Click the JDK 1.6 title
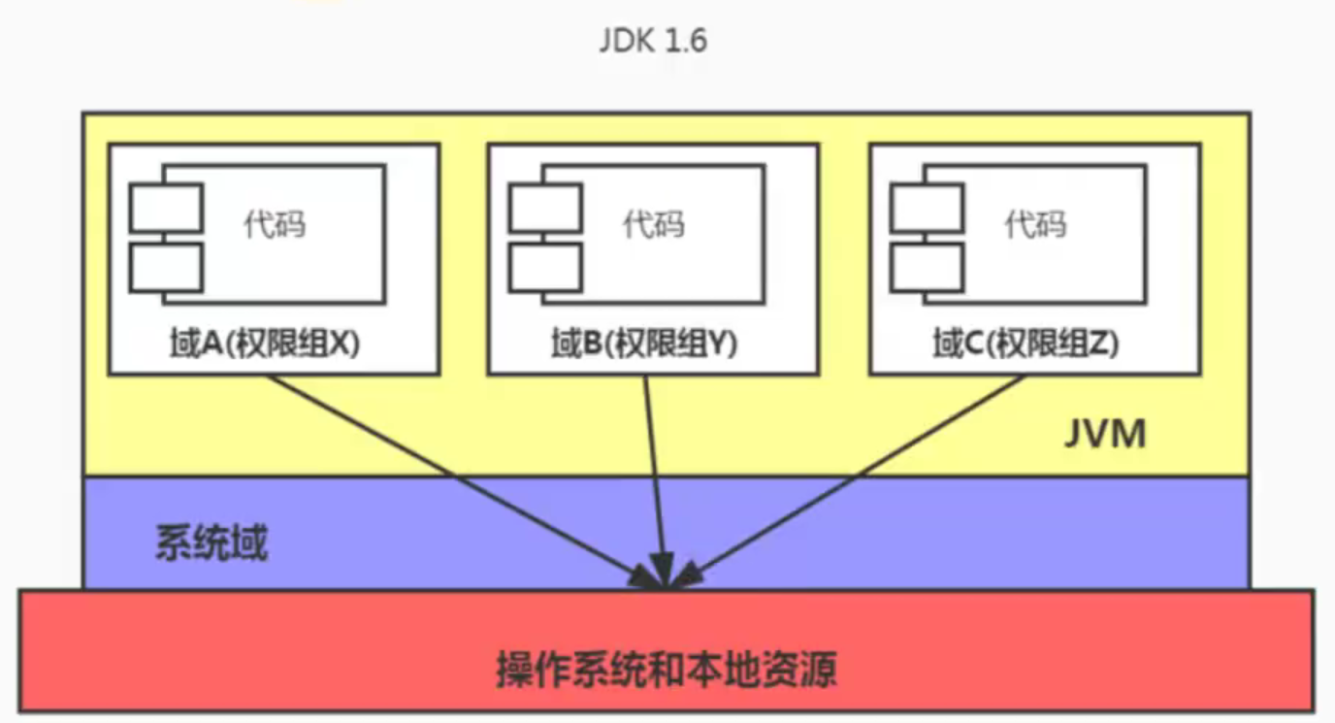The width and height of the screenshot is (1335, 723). pos(653,41)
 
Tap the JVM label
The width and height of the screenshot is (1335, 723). pos(1105,434)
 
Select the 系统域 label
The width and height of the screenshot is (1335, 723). pos(212,542)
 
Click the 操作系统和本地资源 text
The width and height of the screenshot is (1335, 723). pos(667,669)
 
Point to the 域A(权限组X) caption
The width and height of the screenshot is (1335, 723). pos(265,344)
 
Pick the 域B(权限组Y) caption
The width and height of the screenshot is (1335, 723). pos(643,344)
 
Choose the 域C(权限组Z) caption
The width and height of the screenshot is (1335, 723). pos(1026,344)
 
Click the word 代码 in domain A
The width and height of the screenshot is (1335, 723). pos(275,225)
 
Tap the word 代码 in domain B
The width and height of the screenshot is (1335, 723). pos(654,225)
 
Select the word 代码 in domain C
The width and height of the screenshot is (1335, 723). pos(1035,225)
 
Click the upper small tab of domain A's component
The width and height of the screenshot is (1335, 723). pos(166,208)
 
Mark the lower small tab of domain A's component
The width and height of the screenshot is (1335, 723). pos(166,268)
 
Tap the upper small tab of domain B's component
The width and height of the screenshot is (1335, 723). pos(545,208)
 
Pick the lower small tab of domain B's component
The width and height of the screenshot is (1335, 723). pos(545,268)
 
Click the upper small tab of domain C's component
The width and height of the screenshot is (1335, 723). pos(928,208)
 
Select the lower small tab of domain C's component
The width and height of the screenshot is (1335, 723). pos(928,268)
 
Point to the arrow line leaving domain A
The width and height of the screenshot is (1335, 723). pos(465,482)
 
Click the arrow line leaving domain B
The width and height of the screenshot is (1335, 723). pos(654,482)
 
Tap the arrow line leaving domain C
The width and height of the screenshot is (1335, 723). pos(844,482)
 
